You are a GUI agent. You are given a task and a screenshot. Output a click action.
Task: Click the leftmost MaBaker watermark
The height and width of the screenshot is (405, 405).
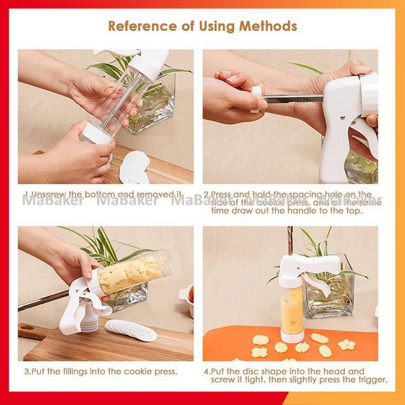pos(53,201)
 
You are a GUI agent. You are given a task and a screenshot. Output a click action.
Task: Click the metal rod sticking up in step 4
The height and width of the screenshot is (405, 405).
pos(290,241)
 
